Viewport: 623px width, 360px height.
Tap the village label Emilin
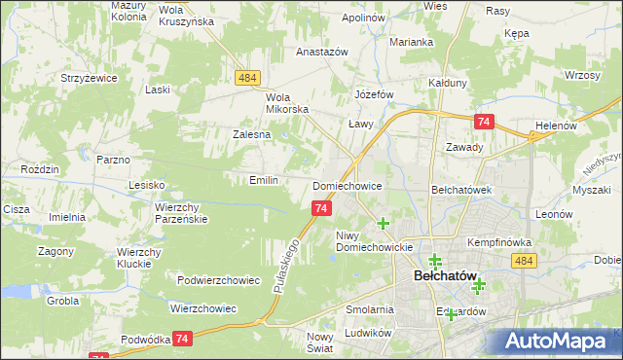pos(264,180)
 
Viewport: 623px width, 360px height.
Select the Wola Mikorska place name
pos(287,102)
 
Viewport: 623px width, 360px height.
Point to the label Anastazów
pos(322,53)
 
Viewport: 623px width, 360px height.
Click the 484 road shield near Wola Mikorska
pos(245,78)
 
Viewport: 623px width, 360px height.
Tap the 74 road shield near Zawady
pos(484,121)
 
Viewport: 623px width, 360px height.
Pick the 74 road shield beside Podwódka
pos(181,338)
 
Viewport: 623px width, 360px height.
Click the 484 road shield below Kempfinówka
pos(524,261)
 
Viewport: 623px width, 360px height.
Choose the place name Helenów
pos(557,126)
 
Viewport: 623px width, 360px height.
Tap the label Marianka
pos(411,42)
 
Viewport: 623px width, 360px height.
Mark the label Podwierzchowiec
pos(218,280)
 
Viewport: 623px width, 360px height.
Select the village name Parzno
pos(113,158)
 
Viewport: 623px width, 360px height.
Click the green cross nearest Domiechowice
pos(384,223)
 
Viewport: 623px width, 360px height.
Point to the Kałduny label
pos(449,83)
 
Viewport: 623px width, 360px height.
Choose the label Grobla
pos(62,301)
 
